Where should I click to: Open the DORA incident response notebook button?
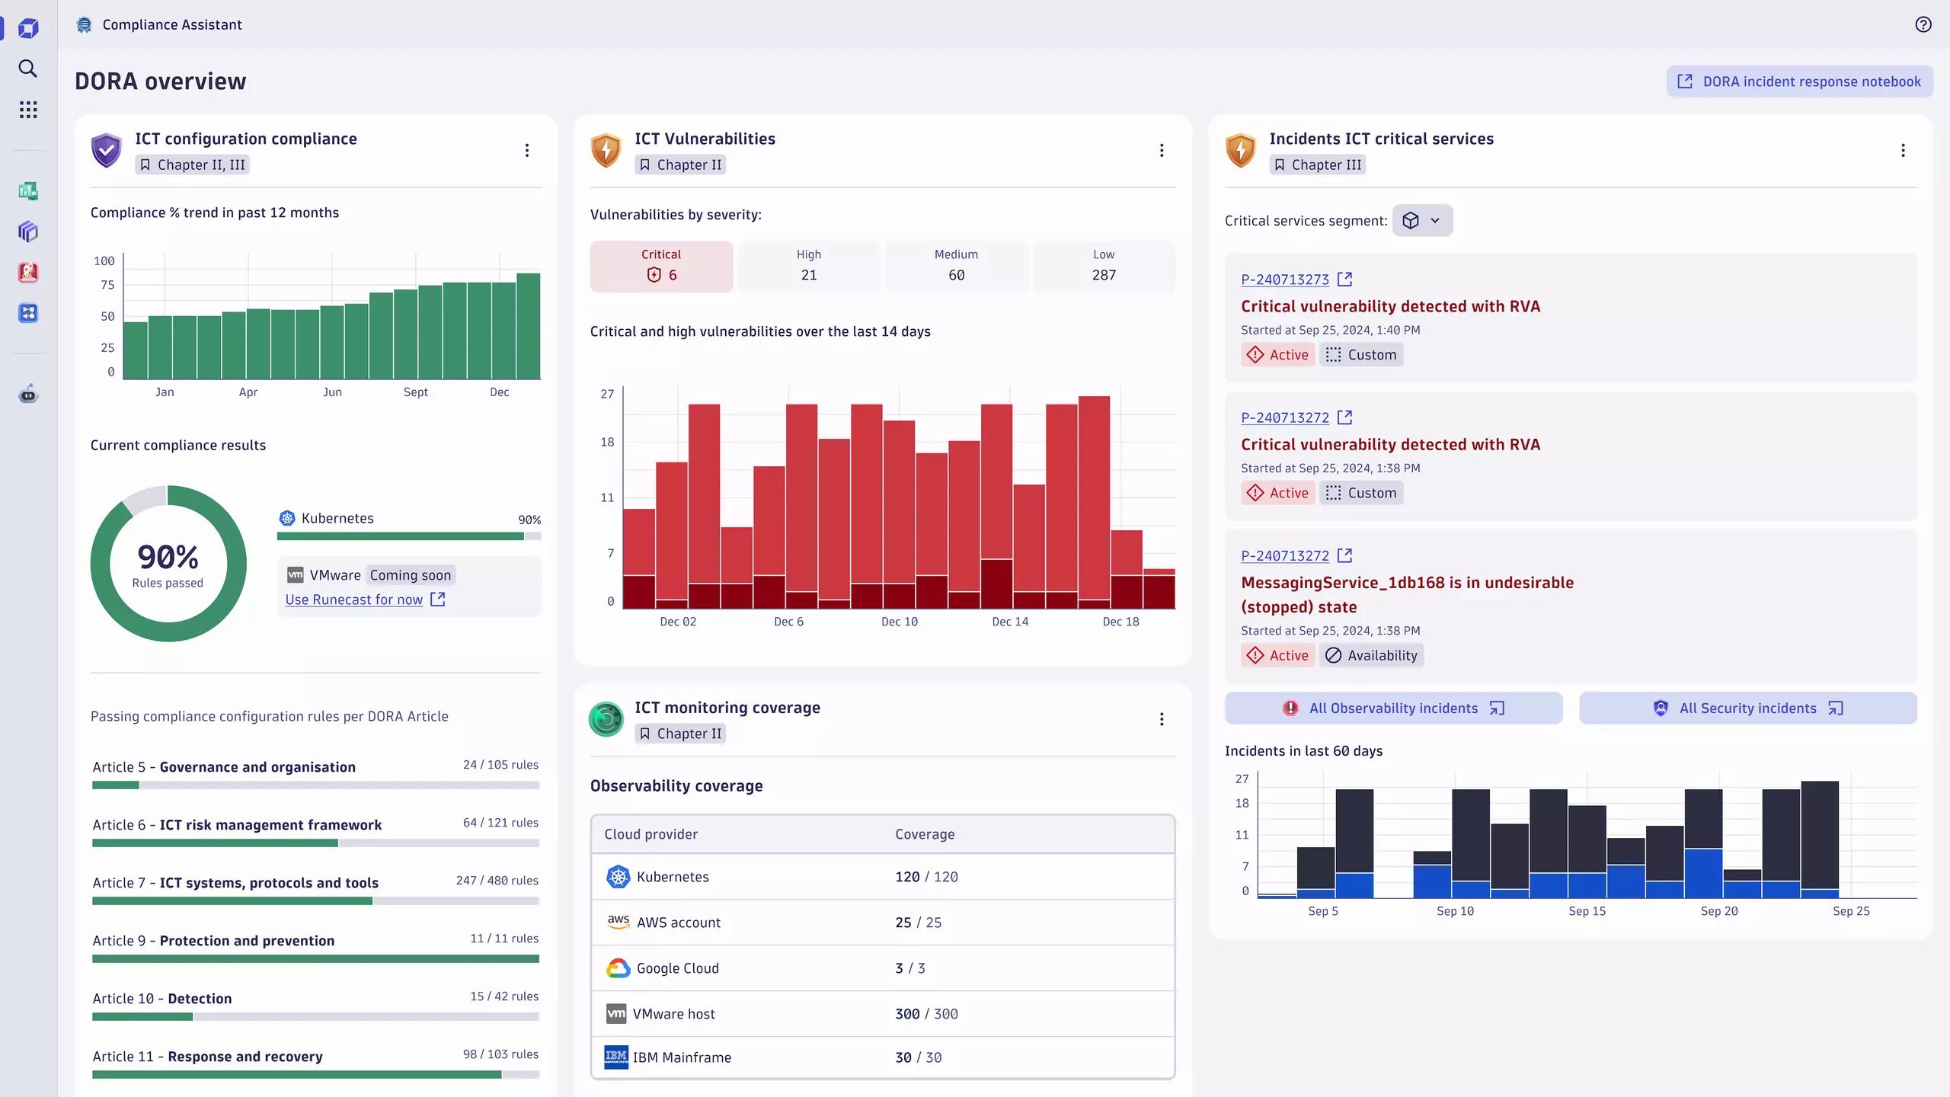point(1799,82)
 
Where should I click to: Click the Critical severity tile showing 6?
point(661,266)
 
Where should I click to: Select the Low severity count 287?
point(1103,275)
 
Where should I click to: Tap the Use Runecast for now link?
point(354,600)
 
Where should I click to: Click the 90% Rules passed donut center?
point(168,564)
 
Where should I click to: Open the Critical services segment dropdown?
point(1421,220)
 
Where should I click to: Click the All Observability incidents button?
point(1393,708)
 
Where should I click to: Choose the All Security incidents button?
point(1747,708)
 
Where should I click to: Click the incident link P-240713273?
point(1285,280)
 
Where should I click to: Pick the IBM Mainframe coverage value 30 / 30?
point(918,1057)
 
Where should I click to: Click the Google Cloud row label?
point(677,968)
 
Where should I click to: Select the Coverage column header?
point(924,834)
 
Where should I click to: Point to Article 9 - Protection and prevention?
point(213,941)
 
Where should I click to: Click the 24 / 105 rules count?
point(500,765)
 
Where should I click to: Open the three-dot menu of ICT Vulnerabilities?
point(1161,150)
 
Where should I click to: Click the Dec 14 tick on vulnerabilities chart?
point(1009,622)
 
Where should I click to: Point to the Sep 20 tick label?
point(1718,911)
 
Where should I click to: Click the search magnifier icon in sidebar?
point(28,69)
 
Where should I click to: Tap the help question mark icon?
point(1923,24)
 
